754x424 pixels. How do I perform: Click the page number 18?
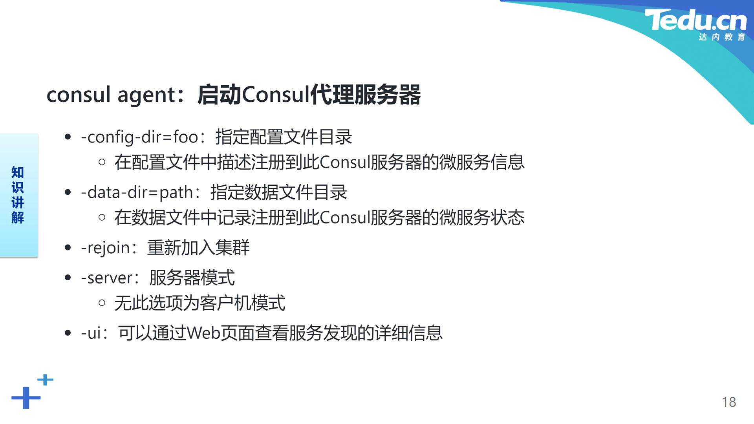(729, 402)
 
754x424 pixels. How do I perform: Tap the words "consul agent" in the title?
(110, 95)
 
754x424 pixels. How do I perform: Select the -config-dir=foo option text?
(139, 137)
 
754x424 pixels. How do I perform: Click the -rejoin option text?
(105, 248)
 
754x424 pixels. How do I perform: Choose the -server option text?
(106, 278)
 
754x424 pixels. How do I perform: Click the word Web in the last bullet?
(203, 333)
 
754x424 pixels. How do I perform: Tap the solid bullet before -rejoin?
(68, 247)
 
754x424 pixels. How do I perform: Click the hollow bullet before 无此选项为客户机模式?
(102, 303)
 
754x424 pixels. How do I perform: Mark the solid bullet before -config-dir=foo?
(68, 137)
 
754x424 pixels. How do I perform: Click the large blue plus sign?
(26, 398)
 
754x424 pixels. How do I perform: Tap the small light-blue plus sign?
(46, 380)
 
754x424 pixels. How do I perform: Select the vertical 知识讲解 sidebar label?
(18, 195)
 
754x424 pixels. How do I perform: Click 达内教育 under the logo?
(722, 37)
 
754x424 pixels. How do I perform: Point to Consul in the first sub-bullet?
(344, 162)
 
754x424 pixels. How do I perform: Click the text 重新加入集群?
(198, 248)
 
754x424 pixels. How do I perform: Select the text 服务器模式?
(192, 278)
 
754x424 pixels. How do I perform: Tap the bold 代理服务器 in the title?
(365, 95)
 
